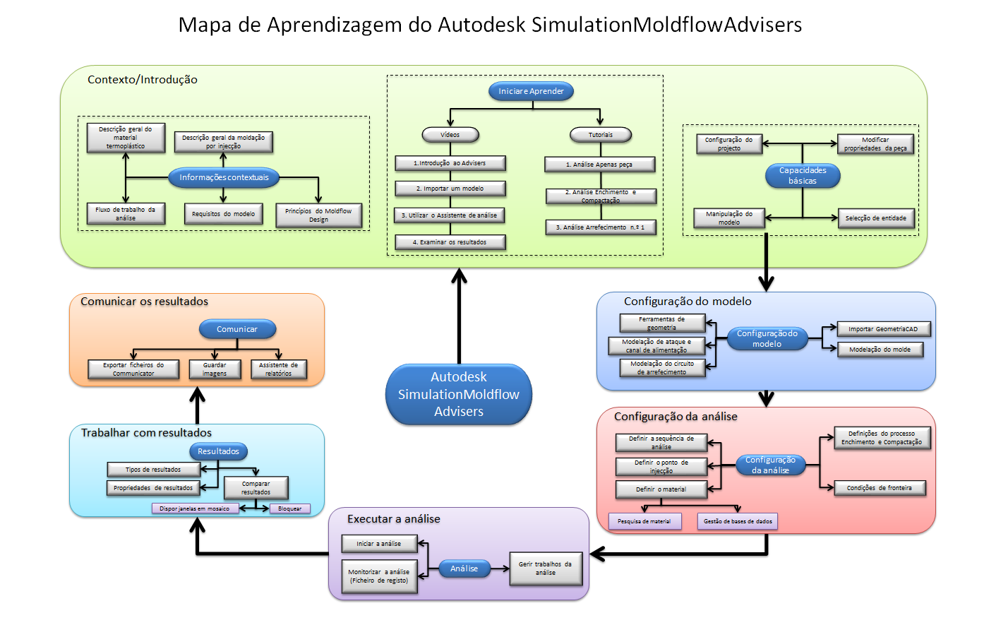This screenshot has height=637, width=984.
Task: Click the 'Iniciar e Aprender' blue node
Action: [x=531, y=91]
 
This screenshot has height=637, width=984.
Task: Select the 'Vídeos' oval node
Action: [x=450, y=135]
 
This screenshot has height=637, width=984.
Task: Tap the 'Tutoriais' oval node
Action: [x=601, y=135]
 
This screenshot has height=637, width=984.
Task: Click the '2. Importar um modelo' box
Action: [x=450, y=189]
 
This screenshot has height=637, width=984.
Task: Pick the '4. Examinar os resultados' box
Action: [x=450, y=242]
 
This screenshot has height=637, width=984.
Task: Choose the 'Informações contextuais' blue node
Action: [x=224, y=177]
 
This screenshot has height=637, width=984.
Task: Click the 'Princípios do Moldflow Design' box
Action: [x=318, y=215]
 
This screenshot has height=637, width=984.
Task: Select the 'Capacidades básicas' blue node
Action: [x=803, y=176]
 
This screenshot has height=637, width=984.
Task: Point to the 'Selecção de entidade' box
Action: [x=876, y=218]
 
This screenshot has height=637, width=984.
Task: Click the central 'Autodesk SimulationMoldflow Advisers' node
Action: [x=459, y=394]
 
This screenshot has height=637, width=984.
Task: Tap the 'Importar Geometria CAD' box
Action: [x=883, y=329]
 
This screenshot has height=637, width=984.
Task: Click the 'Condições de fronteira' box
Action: [x=880, y=488]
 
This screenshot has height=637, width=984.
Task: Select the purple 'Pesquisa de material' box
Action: [x=644, y=521]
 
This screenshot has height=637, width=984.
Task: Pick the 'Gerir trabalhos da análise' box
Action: [x=546, y=568]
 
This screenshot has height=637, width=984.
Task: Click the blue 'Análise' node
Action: [x=464, y=568]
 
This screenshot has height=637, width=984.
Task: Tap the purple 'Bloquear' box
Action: [x=289, y=508]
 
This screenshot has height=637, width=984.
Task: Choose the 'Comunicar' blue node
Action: [x=237, y=329]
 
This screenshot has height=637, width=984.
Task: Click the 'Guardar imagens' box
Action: [x=215, y=369]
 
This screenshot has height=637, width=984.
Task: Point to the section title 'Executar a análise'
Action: [x=394, y=519]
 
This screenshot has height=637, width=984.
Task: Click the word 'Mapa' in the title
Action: [x=205, y=25]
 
